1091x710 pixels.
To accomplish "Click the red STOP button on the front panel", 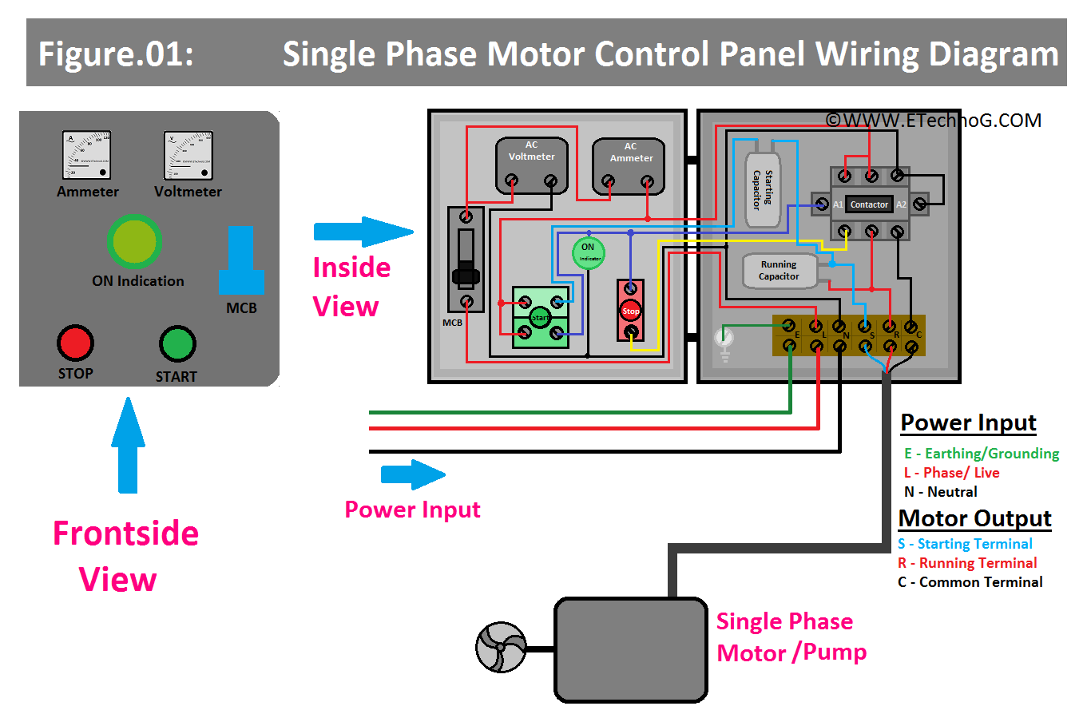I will click(x=75, y=343).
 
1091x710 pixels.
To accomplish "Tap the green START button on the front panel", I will click(x=177, y=344).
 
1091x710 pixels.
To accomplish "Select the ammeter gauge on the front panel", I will click(x=86, y=157).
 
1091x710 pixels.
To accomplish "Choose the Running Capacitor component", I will click(x=779, y=271).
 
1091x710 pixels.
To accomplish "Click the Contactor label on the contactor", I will click(x=869, y=204).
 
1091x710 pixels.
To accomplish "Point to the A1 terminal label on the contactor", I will click(x=838, y=204).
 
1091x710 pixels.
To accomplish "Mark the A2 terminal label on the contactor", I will click(x=901, y=204).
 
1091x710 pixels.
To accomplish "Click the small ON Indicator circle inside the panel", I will click(x=588, y=253).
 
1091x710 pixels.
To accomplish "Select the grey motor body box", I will click(x=630, y=649).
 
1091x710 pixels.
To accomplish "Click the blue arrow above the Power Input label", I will click(x=412, y=474).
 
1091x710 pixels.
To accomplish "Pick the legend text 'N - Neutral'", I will click(x=940, y=492).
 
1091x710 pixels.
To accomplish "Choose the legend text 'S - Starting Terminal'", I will click(x=965, y=544).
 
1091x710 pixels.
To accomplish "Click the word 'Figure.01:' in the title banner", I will click(x=116, y=54).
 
